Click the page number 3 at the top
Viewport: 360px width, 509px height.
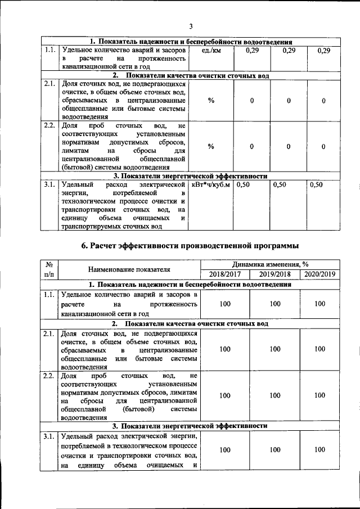[x=191, y=26]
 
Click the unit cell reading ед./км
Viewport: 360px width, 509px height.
[x=210, y=51]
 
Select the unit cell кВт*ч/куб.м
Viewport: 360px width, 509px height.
[x=211, y=184]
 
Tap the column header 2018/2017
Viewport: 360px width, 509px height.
[x=225, y=274]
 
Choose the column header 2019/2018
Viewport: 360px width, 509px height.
[x=274, y=274]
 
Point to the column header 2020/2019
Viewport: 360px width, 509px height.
[x=319, y=274]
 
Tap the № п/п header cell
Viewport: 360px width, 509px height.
[x=49, y=269]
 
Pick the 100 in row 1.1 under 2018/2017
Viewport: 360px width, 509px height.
[x=225, y=304]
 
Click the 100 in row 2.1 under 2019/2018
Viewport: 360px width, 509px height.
[x=274, y=349]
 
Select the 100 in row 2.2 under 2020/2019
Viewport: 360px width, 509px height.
[x=319, y=395]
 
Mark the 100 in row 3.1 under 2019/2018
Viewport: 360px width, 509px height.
[x=274, y=449]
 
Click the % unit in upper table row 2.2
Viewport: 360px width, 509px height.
[x=211, y=146]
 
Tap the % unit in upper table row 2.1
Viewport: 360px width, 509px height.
[x=211, y=101]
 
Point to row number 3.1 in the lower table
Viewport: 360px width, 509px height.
[x=49, y=436]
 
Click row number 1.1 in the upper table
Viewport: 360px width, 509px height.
[x=49, y=51]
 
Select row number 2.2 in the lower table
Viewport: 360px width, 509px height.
[x=49, y=375]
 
